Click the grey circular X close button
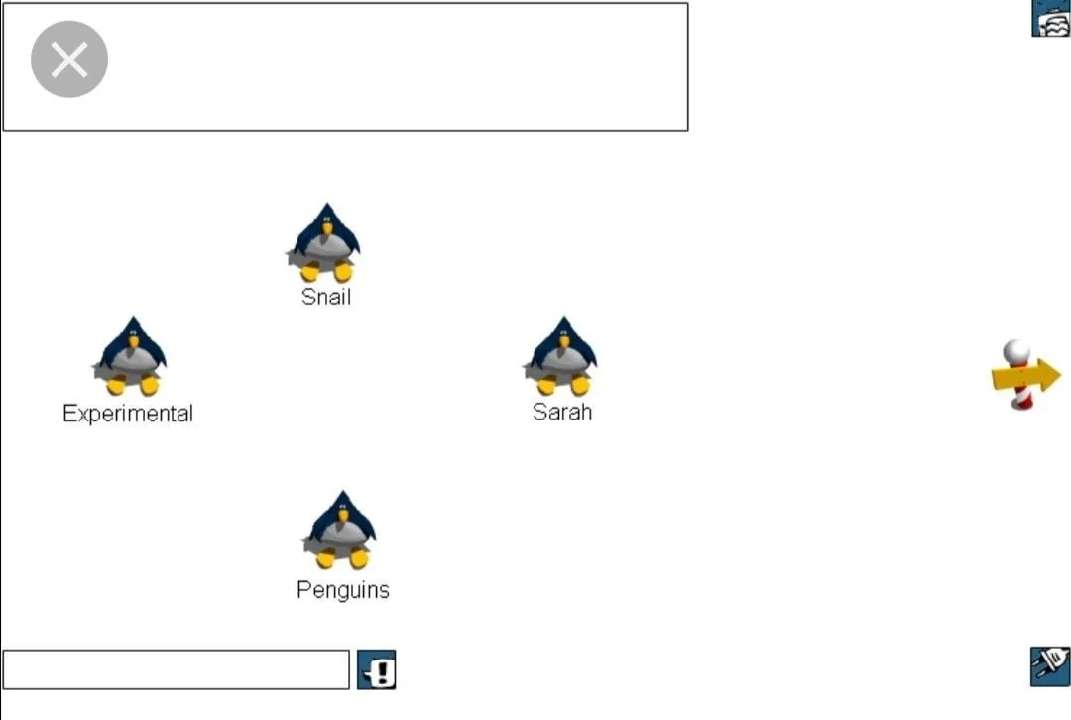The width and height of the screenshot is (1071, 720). pos(69,60)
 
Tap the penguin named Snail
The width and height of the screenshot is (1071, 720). pos(325,243)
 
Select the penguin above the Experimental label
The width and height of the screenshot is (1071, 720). pos(131,357)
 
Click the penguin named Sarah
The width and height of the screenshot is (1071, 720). pos(561,357)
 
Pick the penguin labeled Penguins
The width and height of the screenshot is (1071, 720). pos(340,531)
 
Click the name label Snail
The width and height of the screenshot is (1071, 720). pos(326,297)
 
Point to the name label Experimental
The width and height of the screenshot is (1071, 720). pos(128,414)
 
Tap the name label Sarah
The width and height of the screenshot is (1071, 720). pos(562,412)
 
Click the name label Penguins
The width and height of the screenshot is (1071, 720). pos(343,590)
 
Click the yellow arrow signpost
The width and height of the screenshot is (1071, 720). pos(1026,376)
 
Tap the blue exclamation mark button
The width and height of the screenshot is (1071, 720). pos(377,670)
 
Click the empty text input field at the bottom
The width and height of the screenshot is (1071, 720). pos(176,669)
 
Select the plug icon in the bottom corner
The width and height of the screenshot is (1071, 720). pos(1050,665)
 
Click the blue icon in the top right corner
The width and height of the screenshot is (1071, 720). pos(1051,18)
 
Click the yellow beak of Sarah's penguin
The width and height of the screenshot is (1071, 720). pos(563,342)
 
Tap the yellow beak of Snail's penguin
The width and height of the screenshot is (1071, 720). pos(326,229)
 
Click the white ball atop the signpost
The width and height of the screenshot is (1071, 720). pos(1016,351)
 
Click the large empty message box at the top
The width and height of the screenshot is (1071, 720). pos(397,66)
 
